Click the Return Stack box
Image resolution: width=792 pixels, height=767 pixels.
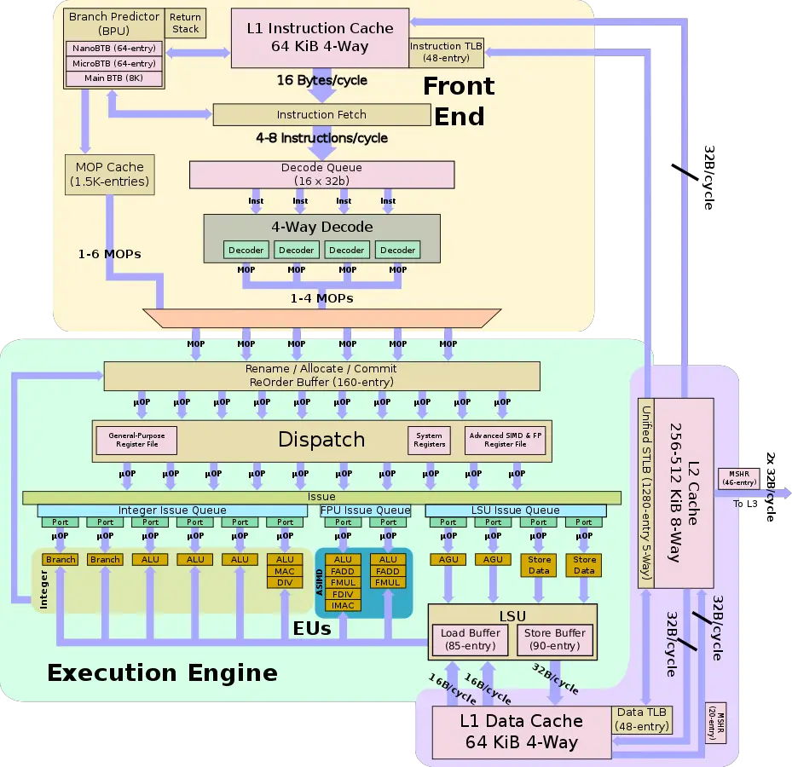185,22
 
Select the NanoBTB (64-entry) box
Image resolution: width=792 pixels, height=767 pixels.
113,49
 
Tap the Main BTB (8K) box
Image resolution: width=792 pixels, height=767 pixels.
113,78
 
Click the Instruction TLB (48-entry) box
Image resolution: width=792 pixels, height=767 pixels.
446,52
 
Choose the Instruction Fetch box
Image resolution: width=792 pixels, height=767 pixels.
321,114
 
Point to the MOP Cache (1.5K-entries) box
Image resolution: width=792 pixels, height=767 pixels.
110,174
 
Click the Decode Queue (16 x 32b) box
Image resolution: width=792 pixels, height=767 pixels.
321,174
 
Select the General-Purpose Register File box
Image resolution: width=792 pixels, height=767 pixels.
136,440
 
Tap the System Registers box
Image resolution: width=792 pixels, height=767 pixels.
429,440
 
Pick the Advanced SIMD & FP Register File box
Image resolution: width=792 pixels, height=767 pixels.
506,440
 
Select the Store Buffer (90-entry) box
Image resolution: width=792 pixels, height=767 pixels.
554,639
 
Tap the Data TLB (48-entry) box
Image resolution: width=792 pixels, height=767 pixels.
642,720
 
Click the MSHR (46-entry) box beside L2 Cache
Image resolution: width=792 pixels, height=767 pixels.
738,478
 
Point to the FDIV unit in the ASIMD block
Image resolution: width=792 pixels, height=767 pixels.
343,594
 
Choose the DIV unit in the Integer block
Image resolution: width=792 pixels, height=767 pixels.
285,582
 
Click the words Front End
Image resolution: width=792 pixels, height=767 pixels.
459,101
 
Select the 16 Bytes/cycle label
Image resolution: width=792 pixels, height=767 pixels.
321,80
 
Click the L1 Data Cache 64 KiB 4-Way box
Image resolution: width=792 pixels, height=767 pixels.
521,731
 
